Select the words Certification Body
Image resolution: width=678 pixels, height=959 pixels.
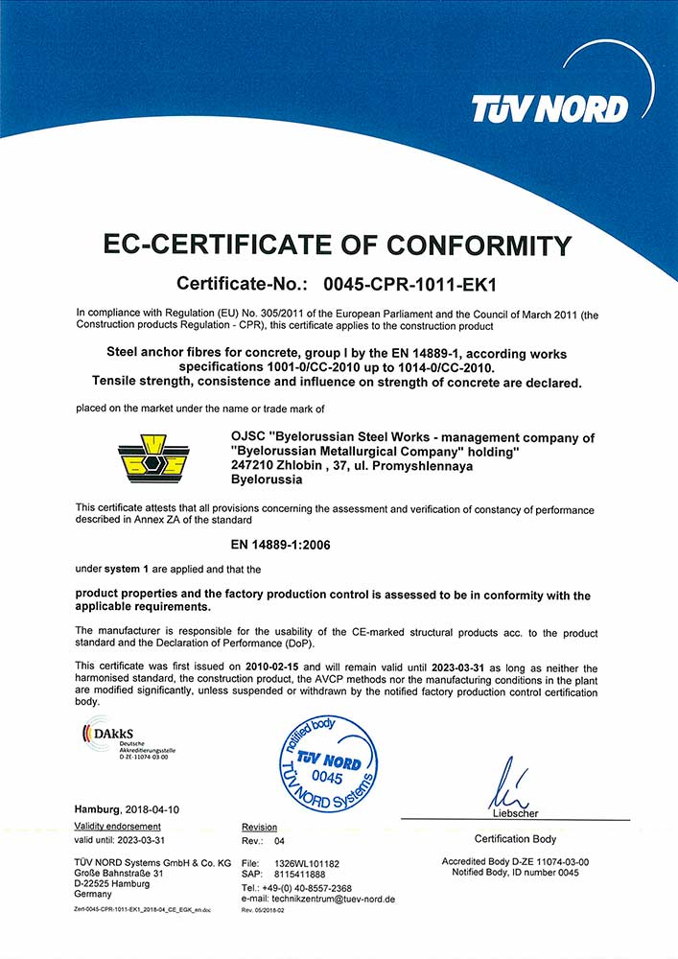pyautogui.click(x=515, y=839)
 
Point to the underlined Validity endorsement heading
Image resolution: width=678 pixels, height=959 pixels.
pyautogui.click(x=118, y=827)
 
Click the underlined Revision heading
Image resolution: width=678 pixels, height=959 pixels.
pyautogui.click(x=259, y=827)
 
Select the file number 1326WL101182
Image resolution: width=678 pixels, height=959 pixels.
pyautogui.click(x=313, y=863)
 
